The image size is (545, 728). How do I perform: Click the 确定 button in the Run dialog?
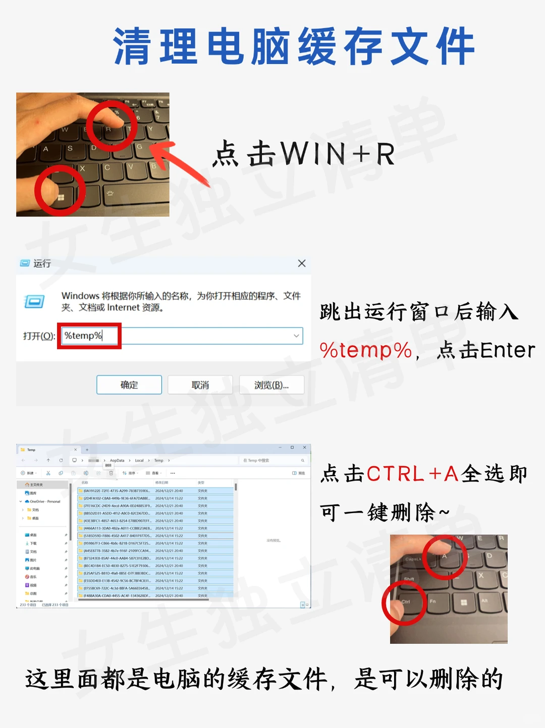pyautogui.click(x=129, y=385)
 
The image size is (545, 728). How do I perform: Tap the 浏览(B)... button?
pyautogui.click(x=271, y=385)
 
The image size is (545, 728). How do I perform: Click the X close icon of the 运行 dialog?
pyautogui.click(x=302, y=263)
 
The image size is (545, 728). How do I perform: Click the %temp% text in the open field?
pyautogui.click(x=83, y=336)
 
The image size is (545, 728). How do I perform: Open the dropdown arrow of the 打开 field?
pyautogui.click(x=296, y=336)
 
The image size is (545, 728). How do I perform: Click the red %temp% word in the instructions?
pyautogui.click(x=366, y=350)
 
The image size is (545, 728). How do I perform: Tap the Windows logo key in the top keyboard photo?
pyautogui.click(x=61, y=197)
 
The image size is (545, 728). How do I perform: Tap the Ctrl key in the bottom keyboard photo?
pyautogui.click(x=406, y=602)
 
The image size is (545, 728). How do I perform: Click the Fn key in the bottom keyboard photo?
pyautogui.click(x=433, y=602)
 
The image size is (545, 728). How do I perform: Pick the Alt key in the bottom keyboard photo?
pyautogui.click(x=485, y=601)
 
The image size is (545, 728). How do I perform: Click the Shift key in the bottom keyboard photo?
pyautogui.click(x=410, y=579)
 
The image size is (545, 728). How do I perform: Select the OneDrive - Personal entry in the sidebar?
pyautogui.click(x=44, y=501)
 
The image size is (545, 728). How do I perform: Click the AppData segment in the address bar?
pyautogui.click(x=117, y=461)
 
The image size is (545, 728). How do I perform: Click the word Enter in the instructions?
pyautogui.click(x=507, y=350)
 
